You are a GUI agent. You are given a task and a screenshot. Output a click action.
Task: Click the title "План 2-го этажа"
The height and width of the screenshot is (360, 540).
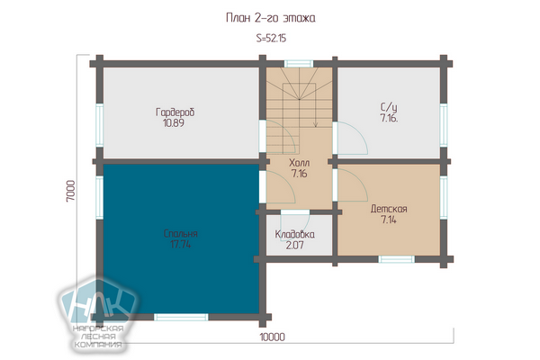pos(270,18)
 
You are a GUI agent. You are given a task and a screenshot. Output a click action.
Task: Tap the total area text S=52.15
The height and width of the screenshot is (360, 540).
pos(271,38)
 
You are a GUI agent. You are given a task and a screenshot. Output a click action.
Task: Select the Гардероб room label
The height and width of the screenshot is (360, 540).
pos(175,112)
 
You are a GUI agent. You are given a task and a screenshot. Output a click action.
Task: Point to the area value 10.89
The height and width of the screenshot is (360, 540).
pos(173,123)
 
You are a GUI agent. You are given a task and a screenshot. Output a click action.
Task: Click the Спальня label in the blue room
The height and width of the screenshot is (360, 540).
pos(181,234)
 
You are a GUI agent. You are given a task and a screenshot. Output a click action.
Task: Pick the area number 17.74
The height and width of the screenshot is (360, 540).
pos(181,244)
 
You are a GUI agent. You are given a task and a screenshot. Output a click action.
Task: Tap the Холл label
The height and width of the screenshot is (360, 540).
pos(299,163)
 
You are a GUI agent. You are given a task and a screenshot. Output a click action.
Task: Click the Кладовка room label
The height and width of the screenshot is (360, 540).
pos(294,234)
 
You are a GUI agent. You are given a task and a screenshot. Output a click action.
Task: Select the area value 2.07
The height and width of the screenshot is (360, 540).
pos(295,245)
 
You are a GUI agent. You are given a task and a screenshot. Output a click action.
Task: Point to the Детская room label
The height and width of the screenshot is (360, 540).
pos(389,209)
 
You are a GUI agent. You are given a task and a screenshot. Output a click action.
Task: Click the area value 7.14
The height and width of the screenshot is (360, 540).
pos(389,220)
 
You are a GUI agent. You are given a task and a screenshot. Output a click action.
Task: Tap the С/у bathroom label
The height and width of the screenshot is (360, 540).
pos(389,107)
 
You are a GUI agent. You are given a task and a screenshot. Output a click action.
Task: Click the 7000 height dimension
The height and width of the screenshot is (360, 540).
pos(70,191)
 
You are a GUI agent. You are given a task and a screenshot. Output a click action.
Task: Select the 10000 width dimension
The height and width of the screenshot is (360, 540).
pos(272,337)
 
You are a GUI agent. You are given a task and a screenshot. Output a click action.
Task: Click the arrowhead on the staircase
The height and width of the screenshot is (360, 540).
pos(316,124)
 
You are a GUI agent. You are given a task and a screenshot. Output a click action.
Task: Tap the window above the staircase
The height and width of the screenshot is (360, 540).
pos(299,64)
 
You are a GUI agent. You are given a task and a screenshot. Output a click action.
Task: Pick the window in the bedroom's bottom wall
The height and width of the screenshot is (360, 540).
pos(181,317)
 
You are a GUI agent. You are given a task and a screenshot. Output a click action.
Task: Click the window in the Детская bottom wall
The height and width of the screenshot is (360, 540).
pos(396,259)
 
